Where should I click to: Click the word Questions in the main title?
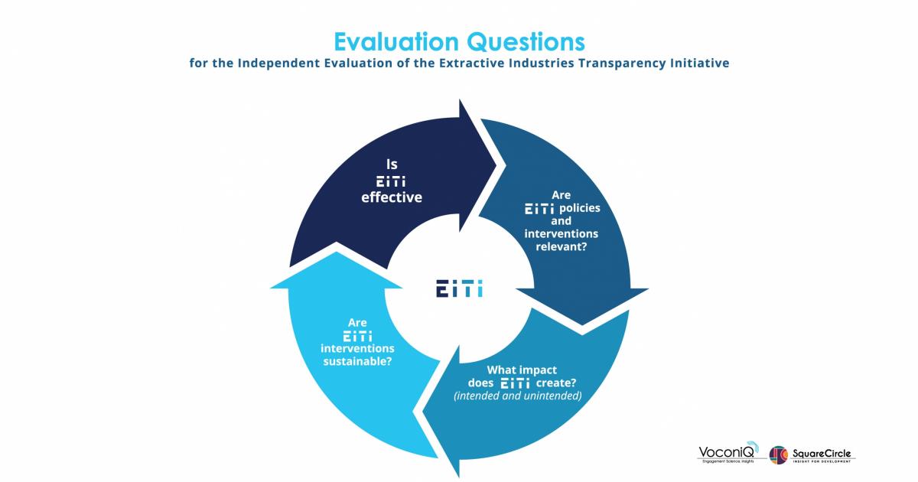click(x=526, y=40)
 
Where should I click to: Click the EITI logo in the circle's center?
click(x=459, y=290)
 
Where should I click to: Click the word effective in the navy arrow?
click(x=392, y=197)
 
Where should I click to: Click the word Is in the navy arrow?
click(x=392, y=164)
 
